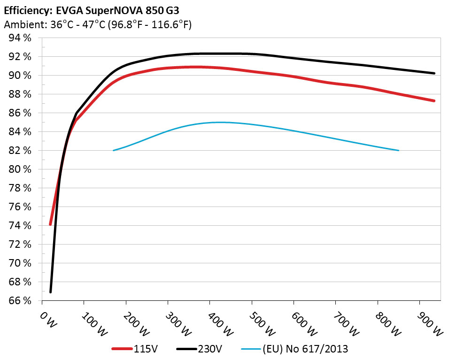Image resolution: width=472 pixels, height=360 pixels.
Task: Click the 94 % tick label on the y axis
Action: pyautogui.click(x=19, y=38)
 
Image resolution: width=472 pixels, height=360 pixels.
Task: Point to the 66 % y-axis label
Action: pyautogui.click(x=19, y=300)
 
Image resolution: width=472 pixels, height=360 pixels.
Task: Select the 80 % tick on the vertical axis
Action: pyautogui.click(x=19, y=169)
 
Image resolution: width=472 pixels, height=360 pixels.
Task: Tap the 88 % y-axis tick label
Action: pyautogui.click(x=19, y=94)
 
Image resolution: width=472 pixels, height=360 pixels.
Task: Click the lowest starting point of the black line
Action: pyautogui.click(x=50, y=292)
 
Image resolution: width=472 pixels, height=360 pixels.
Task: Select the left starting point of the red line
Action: pyautogui.click(x=50, y=224)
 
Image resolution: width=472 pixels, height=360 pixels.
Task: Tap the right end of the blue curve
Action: pyautogui.click(x=399, y=150)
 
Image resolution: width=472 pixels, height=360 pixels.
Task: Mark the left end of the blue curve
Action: pyautogui.click(x=114, y=150)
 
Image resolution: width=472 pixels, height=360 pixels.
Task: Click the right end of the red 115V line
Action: pyautogui.click(x=434, y=101)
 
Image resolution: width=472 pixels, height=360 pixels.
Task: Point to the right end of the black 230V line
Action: pyautogui.click(x=434, y=73)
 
